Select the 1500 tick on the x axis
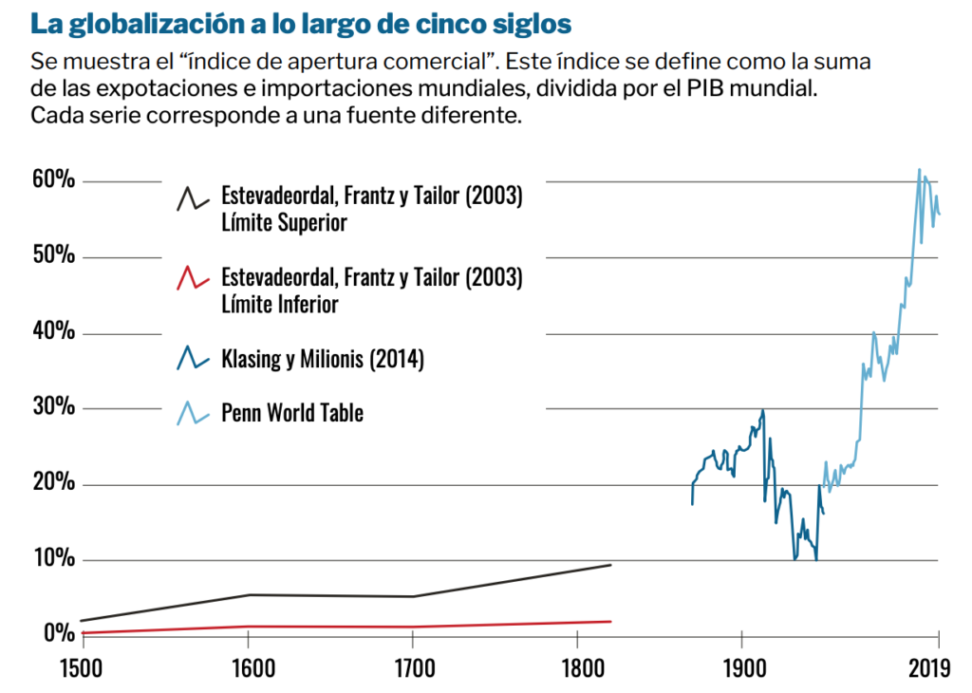pyautogui.click(x=82, y=668)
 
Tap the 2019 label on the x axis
pyautogui.click(x=927, y=668)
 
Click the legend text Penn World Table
pyautogui.click(x=292, y=413)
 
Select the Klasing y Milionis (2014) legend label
pyautogui.click(x=322, y=359)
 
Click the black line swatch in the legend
pyautogui.click(x=193, y=198)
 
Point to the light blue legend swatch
pyautogui.click(x=193, y=413)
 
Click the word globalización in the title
pyautogui.click(x=141, y=21)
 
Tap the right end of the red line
pyautogui.click(x=610, y=621)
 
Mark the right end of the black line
pyautogui.click(x=610, y=565)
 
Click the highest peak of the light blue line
pyautogui.click(x=919, y=170)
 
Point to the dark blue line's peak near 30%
pyautogui.click(x=762, y=410)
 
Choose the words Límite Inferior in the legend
pyautogui.click(x=280, y=305)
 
